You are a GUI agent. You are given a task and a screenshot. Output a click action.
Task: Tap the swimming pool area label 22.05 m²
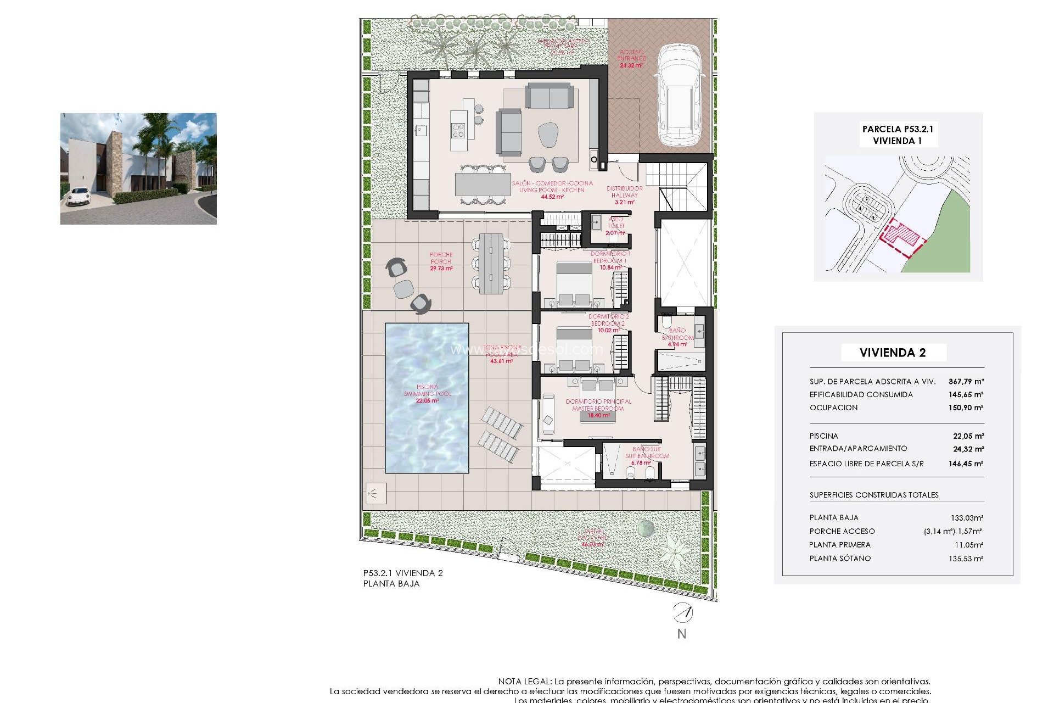pos(427,400)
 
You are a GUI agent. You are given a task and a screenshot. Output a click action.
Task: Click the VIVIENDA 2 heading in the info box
pos(893,353)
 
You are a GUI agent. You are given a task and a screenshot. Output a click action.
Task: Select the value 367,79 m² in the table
pos(966,381)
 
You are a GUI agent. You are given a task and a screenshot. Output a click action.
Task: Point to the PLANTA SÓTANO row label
pos(839,558)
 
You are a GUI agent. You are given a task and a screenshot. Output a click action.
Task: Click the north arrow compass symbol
pos(683,612)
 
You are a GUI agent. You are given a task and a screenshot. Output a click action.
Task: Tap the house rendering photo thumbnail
pos(138,169)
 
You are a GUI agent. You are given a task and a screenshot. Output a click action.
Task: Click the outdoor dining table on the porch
pos(491,264)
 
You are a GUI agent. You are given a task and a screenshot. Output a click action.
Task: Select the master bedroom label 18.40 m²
pos(598,415)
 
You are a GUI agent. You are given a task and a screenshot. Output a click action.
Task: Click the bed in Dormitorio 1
pos(574,283)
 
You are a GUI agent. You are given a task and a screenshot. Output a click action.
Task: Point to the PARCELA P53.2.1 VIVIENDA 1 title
pos(898,135)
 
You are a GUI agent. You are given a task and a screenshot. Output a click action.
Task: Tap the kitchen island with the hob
pos(458,130)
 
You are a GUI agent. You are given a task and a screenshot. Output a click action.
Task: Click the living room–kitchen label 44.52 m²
pos(552,197)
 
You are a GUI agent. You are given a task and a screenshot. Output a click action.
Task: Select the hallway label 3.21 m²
pos(624,202)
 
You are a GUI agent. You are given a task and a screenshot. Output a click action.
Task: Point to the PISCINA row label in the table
pos(823,436)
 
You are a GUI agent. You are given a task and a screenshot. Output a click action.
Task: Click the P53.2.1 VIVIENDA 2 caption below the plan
pos(402,573)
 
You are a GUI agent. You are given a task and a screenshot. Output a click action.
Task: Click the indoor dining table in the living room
pos(483,185)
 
